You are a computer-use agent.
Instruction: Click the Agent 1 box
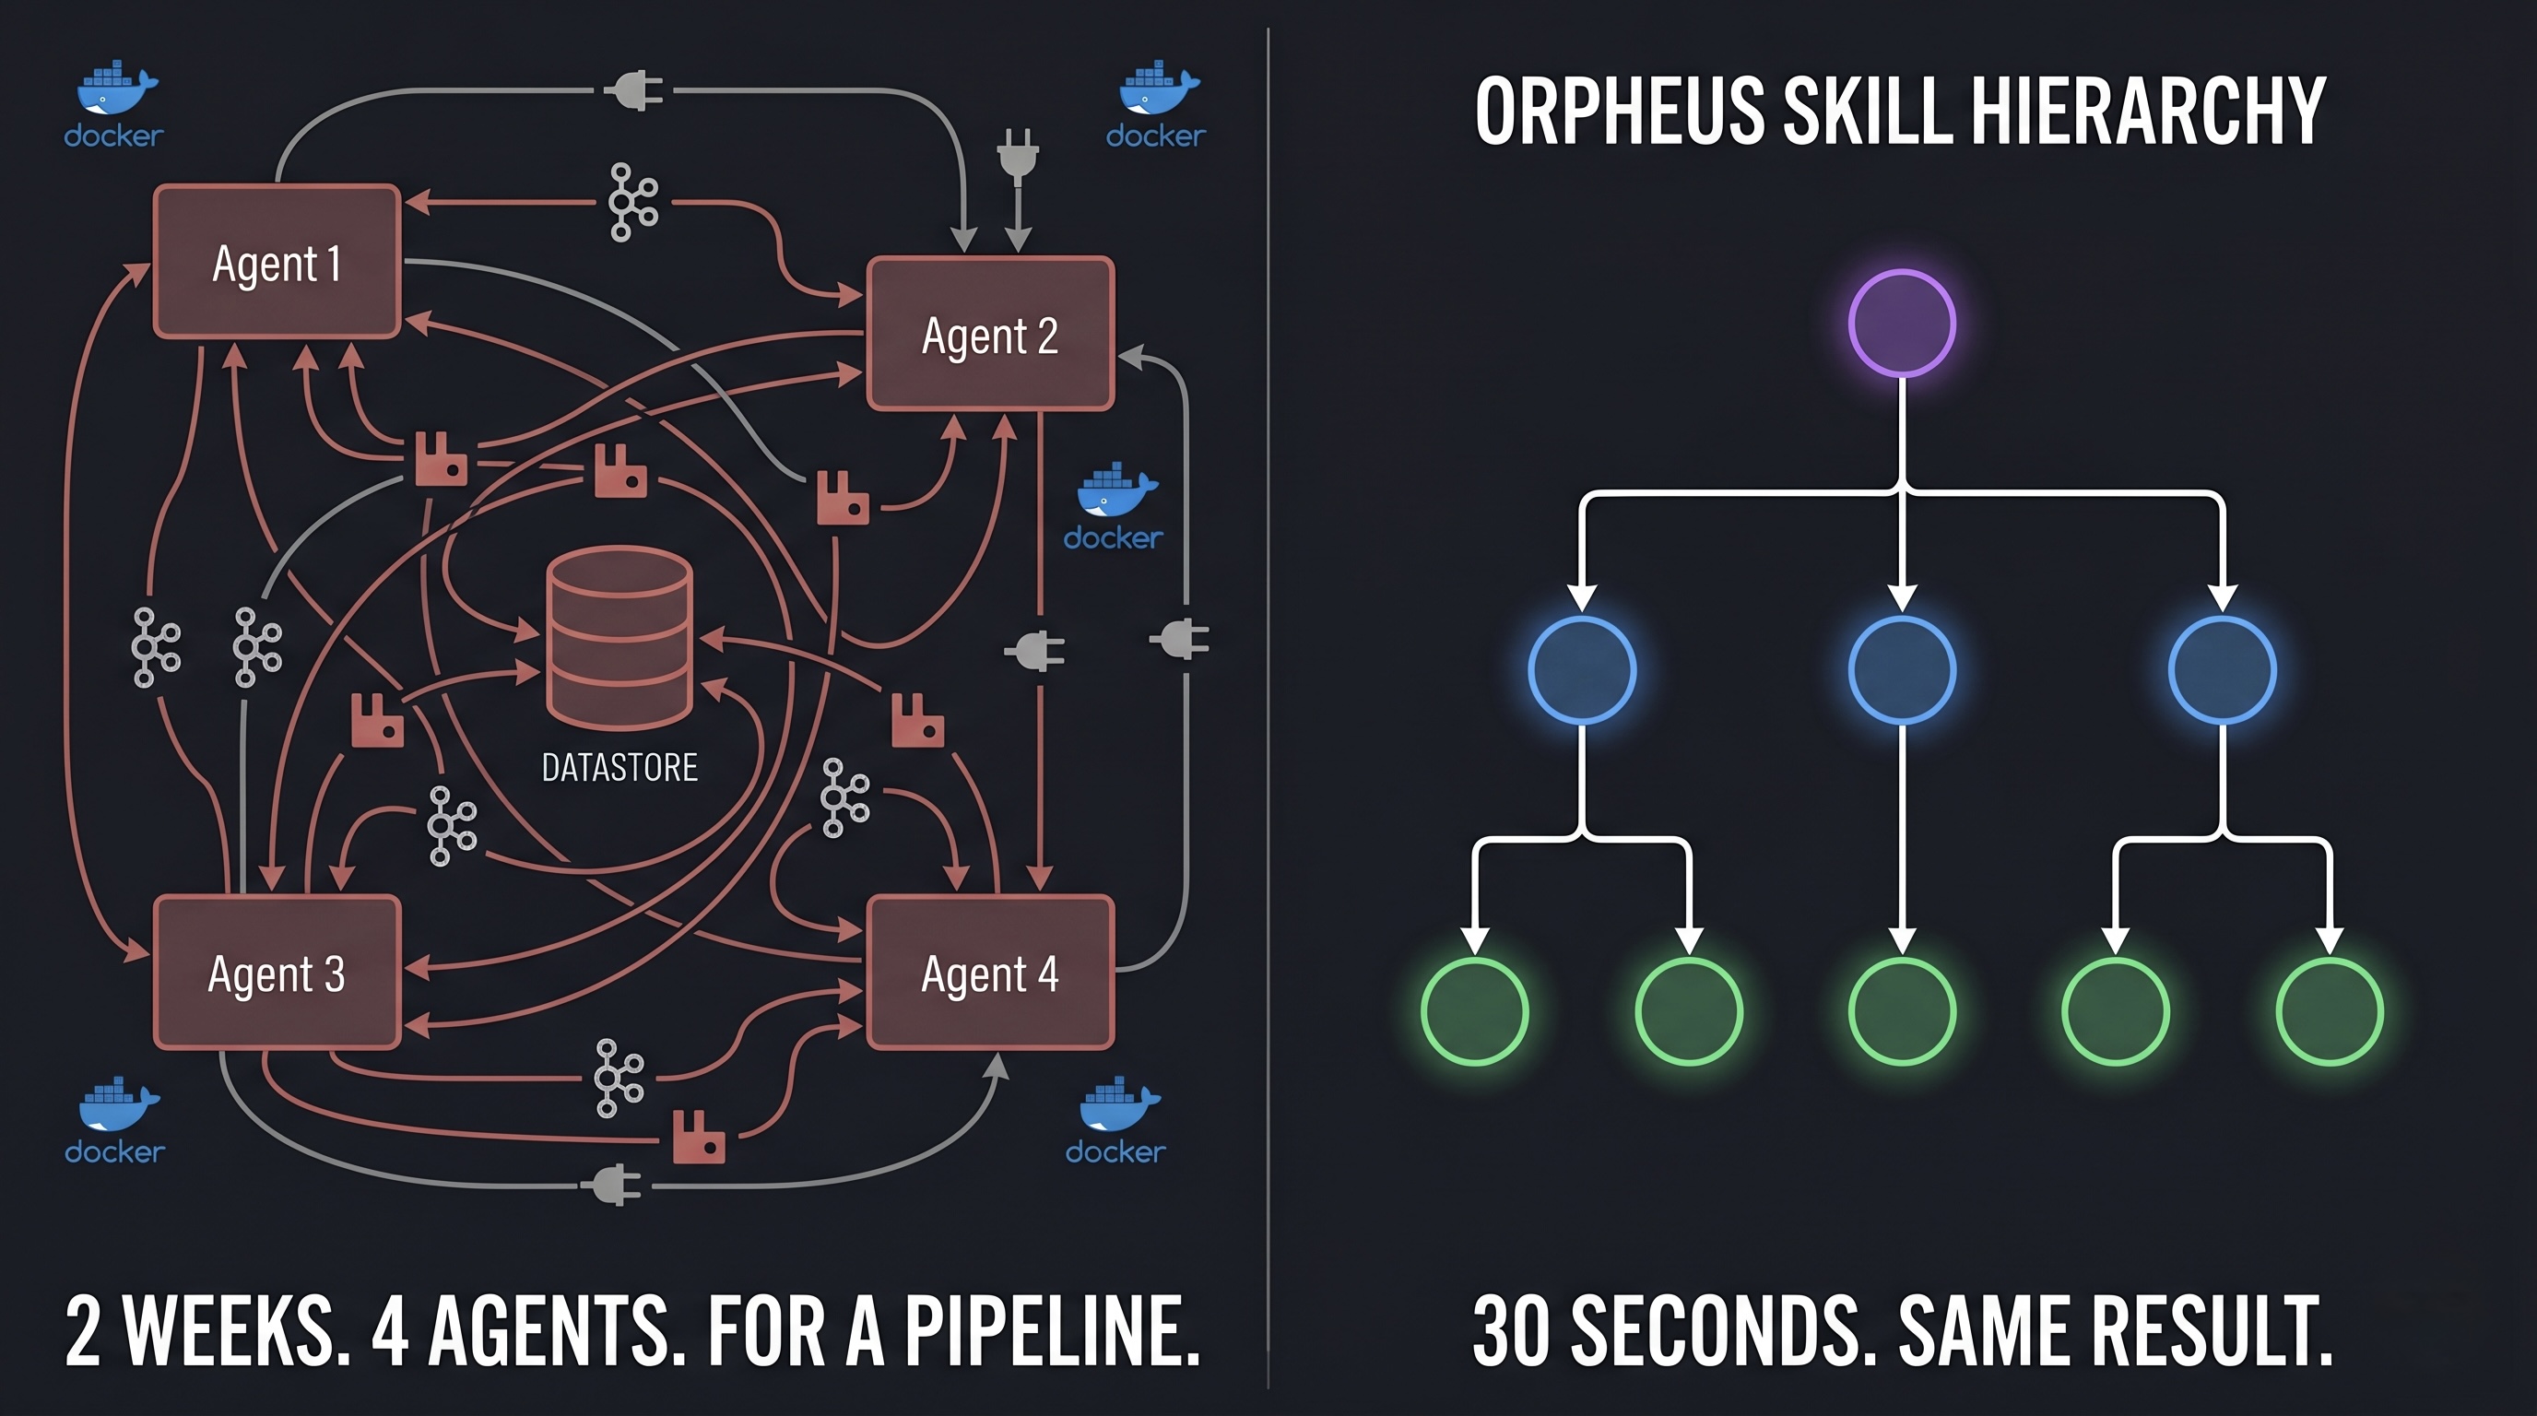(277, 262)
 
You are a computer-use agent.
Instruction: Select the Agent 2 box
(990, 334)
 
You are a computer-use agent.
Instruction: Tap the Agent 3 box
(277, 973)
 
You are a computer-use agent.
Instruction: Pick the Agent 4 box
(990, 973)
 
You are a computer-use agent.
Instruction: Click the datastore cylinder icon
(619, 637)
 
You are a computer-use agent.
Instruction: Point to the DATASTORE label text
(619, 767)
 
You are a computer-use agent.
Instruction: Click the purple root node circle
(1901, 323)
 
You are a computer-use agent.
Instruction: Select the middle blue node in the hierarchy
(1901, 670)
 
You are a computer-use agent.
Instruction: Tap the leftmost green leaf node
(1474, 1011)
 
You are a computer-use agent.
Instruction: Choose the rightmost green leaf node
(2330, 1011)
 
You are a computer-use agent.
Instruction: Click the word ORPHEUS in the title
(1619, 112)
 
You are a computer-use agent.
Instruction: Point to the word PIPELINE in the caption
(1051, 1331)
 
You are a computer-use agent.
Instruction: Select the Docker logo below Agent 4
(1118, 1108)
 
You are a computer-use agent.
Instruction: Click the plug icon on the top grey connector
(633, 90)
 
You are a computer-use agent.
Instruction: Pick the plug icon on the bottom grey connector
(614, 1185)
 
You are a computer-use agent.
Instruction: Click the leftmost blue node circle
(1582, 670)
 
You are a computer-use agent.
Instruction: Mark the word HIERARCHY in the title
(2147, 112)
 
